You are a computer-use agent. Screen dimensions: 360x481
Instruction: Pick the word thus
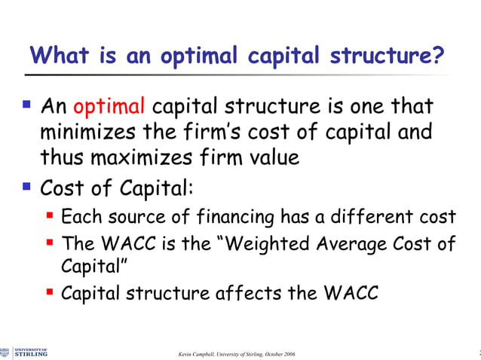(63, 157)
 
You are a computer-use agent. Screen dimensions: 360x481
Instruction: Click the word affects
(249, 293)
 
